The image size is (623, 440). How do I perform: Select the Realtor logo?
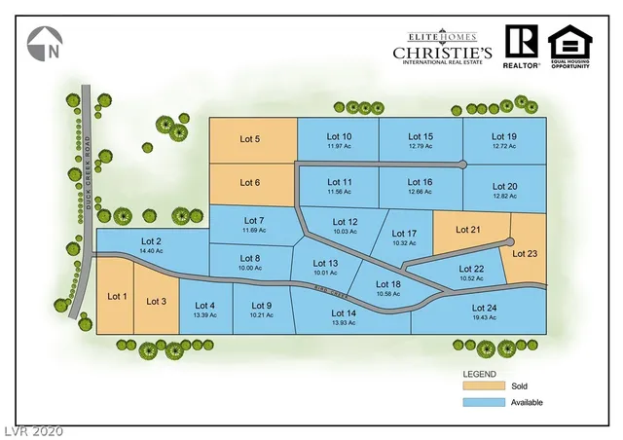point(522,45)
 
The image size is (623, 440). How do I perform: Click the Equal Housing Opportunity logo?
point(569,46)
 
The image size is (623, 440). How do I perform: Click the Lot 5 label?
point(250,139)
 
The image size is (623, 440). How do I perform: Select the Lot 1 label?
point(117,296)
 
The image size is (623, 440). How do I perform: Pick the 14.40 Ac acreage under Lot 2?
point(151,251)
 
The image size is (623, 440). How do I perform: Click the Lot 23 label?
point(526,253)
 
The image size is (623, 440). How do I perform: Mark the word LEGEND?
point(479,374)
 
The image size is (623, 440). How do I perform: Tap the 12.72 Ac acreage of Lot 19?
point(503,146)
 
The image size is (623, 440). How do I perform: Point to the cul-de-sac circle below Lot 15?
point(462,164)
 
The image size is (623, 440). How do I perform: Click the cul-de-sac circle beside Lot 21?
point(510,241)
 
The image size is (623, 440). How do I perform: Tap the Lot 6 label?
point(250,183)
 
